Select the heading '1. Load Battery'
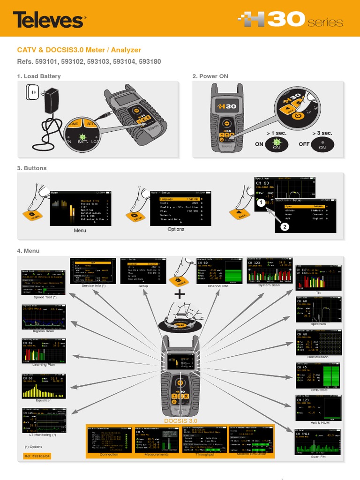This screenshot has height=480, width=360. coord(39,76)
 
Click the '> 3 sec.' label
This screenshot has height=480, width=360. coord(322,134)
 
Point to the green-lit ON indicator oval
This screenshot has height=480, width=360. coord(277,144)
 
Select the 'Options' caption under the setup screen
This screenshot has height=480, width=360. coord(176,229)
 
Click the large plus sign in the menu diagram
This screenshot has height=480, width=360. coord(179,294)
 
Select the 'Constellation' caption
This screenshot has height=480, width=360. coord(318,357)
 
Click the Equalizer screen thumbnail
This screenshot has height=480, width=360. coord(44,385)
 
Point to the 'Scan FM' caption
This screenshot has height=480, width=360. coord(318,457)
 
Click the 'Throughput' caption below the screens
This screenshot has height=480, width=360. coord(205,454)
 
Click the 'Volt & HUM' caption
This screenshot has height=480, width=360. coord(318,423)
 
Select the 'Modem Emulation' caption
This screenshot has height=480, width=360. coord(252,454)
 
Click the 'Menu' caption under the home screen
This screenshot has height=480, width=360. coord(80,231)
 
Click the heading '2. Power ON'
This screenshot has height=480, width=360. coord(210,76)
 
